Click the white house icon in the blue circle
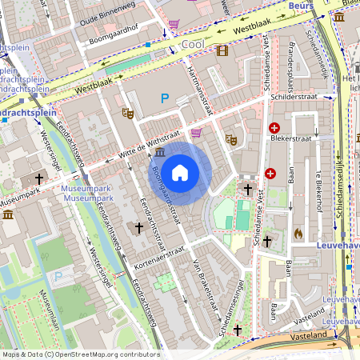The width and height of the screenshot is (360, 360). click(x=180, y=173)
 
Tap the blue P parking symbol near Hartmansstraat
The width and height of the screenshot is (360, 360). click(x=166, y=98)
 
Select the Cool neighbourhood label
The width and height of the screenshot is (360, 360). click(x=194, y=44)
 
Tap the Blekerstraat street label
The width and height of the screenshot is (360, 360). click(x=302, y=137)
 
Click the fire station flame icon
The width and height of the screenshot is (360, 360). click(x=298, y=234)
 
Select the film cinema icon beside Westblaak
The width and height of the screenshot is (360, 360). click(x=222, y=50)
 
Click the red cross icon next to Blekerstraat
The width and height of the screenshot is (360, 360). click(x=274, y=128)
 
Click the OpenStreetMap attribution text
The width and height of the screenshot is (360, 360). click(x=80, y=354)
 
